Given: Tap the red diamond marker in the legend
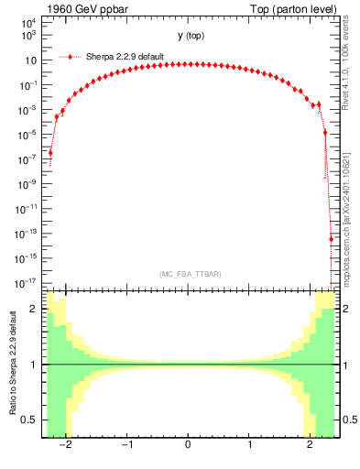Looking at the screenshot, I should coord(71,56).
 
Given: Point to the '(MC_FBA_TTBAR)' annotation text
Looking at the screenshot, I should coord(189,275).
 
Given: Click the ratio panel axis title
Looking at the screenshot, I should coord(12,364).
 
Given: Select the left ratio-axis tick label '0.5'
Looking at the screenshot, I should coord(30,420).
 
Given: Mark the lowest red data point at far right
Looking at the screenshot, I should coord(331,240).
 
